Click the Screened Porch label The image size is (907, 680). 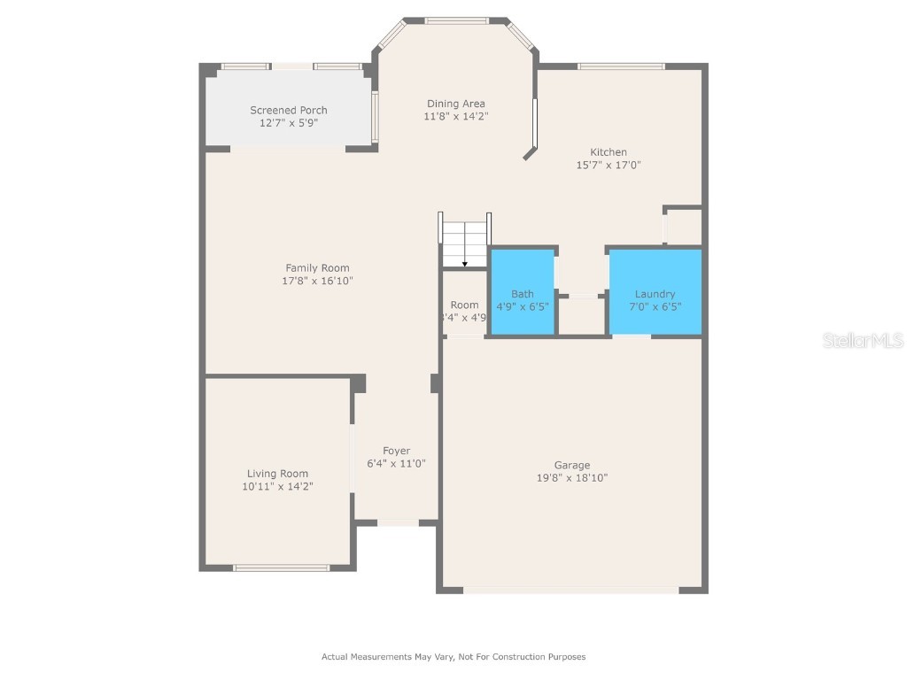point(288,110)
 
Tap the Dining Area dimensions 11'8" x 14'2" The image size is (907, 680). point(455,116)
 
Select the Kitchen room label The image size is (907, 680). point(609,152)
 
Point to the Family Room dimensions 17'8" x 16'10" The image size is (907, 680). point(317,281)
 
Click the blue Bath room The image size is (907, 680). point(522,293)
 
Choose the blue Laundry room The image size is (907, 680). point(655,293)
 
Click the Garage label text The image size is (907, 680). point(571,465)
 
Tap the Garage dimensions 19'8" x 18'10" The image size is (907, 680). point(571,478)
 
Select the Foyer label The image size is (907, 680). point(396,451)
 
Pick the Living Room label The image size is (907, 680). point(277,474)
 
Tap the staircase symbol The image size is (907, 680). point(465,241)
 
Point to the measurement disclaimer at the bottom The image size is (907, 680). point(453,657)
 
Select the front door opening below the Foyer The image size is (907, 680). point(398,523)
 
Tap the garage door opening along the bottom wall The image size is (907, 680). point(571,590)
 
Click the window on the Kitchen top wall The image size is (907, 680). point(621,66)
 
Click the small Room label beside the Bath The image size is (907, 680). point(464,305)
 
